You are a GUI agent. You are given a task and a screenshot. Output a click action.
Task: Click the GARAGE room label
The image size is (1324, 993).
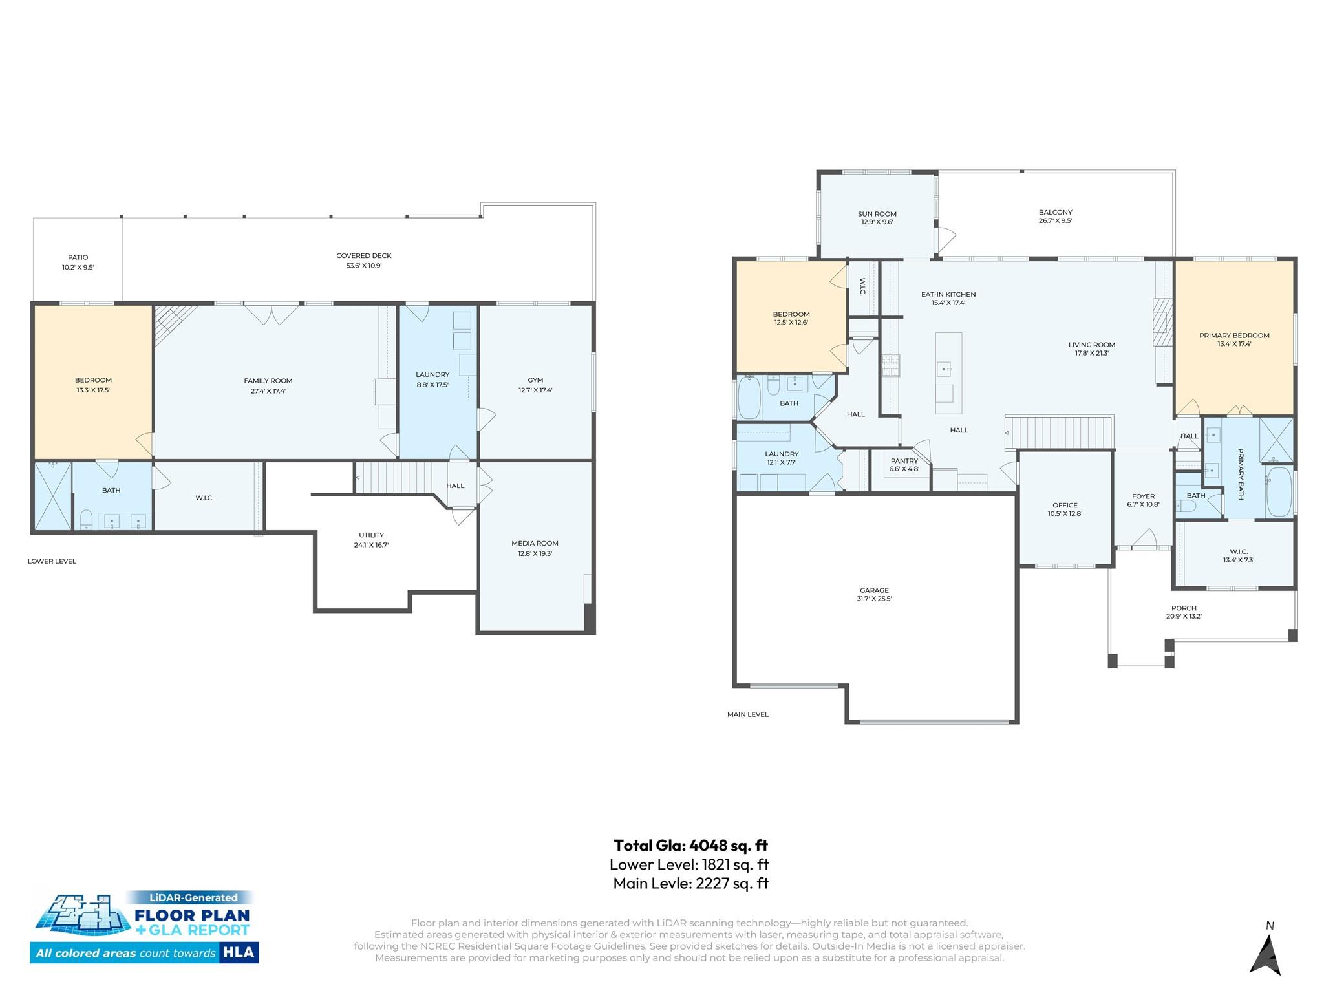click(874, 590)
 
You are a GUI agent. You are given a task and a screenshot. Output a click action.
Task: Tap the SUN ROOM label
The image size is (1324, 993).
click(877, 214)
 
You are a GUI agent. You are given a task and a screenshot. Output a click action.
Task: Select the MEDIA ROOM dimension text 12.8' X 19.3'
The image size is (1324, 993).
click(535, 553)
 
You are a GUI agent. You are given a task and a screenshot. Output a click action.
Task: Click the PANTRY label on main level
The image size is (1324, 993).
click(904, 461)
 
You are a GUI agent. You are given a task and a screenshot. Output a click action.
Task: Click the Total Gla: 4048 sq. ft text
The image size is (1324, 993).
click(690, 845)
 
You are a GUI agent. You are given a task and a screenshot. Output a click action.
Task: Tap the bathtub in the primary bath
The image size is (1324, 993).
click(1278, 492)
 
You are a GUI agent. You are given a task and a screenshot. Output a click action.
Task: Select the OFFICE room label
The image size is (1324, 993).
click(1065, 506)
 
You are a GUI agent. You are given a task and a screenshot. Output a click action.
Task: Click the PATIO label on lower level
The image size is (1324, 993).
click(78, 257)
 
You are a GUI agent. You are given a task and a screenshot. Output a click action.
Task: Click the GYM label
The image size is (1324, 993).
click(535, 380)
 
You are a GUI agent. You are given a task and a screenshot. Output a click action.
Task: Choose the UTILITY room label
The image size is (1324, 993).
click(371, 535)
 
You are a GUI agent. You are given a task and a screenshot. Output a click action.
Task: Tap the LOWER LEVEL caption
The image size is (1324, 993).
click(52, 561)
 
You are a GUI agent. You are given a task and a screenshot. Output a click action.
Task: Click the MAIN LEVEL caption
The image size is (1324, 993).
click(747, 714)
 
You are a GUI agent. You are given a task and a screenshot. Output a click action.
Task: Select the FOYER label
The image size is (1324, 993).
click(1143, 496)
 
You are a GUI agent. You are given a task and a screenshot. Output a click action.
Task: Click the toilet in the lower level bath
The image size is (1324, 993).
click(86, 518)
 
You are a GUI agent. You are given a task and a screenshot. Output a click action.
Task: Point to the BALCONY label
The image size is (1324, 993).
click(1055, 212)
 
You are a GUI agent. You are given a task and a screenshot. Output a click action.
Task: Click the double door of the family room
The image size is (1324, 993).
click(272, 314)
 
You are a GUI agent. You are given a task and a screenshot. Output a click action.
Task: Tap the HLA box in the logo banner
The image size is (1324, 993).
click(239, 952)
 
